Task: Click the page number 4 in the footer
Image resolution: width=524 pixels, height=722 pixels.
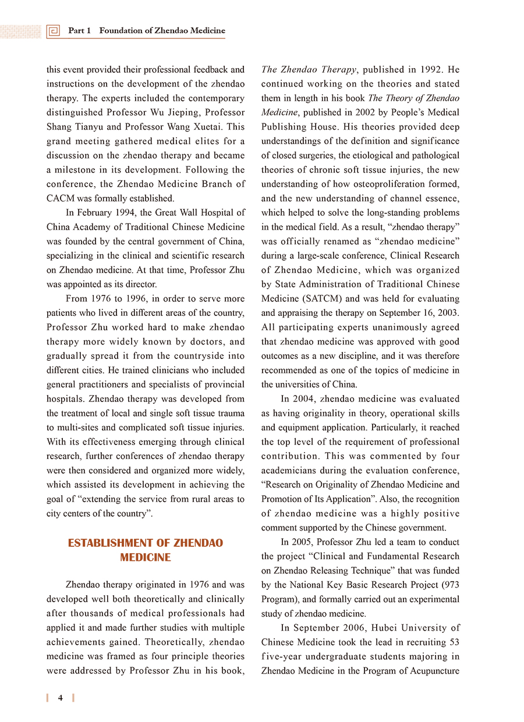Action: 61,698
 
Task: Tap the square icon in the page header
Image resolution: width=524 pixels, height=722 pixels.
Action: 54,31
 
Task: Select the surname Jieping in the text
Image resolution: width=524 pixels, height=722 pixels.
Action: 182,112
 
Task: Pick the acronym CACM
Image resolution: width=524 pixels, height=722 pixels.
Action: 61,198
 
